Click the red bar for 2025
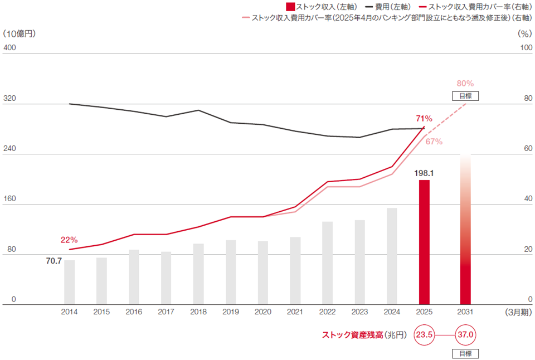pos(424,242)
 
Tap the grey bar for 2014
pos(69,282)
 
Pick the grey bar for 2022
pos(328,262)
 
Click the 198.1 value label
pos(424,173)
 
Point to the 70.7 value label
pos(53,260)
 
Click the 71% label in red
pos(424,118)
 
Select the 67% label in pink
pos(434,142)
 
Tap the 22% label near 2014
pos(69,240)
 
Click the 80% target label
pos(465,84)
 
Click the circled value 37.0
pos(465,335)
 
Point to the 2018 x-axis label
pos(198,312)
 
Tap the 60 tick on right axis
pos(526,149)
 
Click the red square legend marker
pos(290,7)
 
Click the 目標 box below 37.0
pos(465,353)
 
